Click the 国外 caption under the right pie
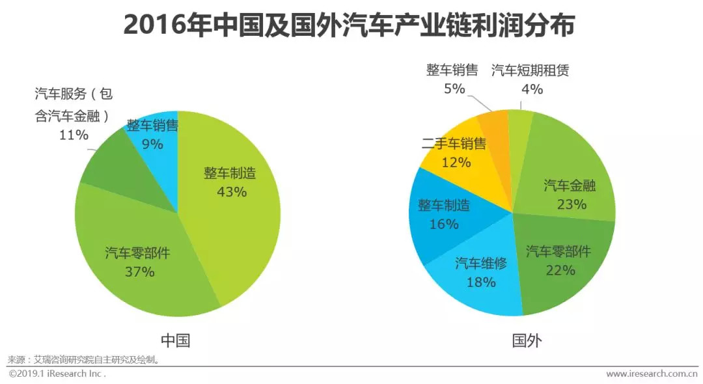point(527,340)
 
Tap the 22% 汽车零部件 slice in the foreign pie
point(560,267)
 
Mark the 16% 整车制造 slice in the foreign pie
point(443,215)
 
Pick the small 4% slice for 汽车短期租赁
point(520,124)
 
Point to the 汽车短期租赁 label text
point(530,70)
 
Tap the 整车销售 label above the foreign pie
point(452,70)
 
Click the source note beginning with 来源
point(84,359)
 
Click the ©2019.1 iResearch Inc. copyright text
point(57,374)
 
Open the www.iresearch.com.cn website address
point(651,374)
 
